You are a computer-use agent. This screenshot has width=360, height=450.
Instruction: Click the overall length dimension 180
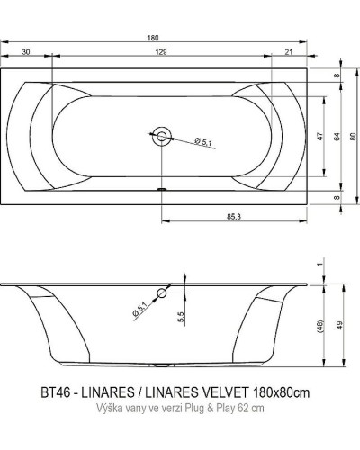click(158, 38)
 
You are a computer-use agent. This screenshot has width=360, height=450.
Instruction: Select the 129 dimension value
click(159, 54)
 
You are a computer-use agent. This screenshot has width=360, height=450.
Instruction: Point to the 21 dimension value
click(287, 54)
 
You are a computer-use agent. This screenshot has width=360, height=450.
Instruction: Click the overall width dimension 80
click(353, 133)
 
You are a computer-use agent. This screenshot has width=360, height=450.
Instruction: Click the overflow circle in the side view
click(162, 292)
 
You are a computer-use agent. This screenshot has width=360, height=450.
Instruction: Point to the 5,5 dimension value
click(181, 316)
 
